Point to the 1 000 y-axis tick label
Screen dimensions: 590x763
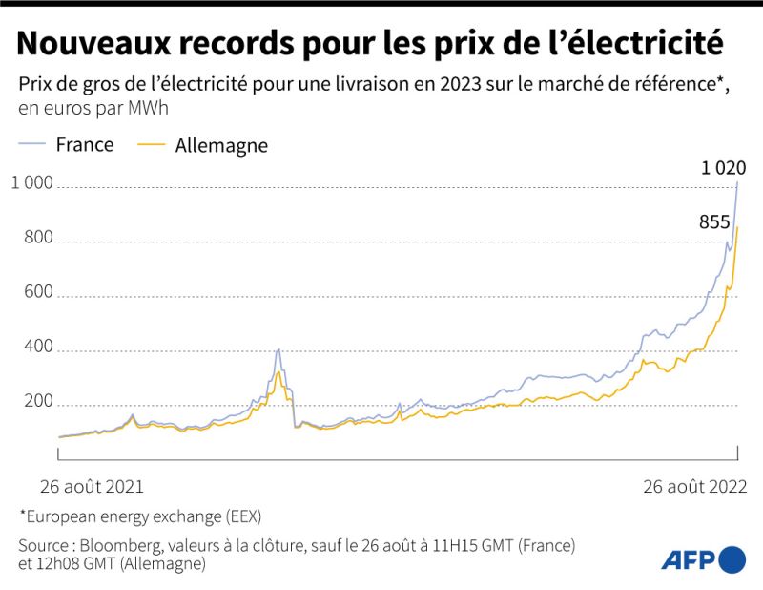(34, 184)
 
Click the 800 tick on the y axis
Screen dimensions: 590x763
(39, 241)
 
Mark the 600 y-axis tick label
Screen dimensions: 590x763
(39, 296)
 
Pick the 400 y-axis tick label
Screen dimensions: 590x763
(39, 351)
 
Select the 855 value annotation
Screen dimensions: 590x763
(714, 222)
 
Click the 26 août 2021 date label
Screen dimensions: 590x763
(92, 486)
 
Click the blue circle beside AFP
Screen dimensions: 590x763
(732, 559)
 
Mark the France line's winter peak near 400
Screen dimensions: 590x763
(278, 349)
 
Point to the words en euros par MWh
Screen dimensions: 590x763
(93, 108)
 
